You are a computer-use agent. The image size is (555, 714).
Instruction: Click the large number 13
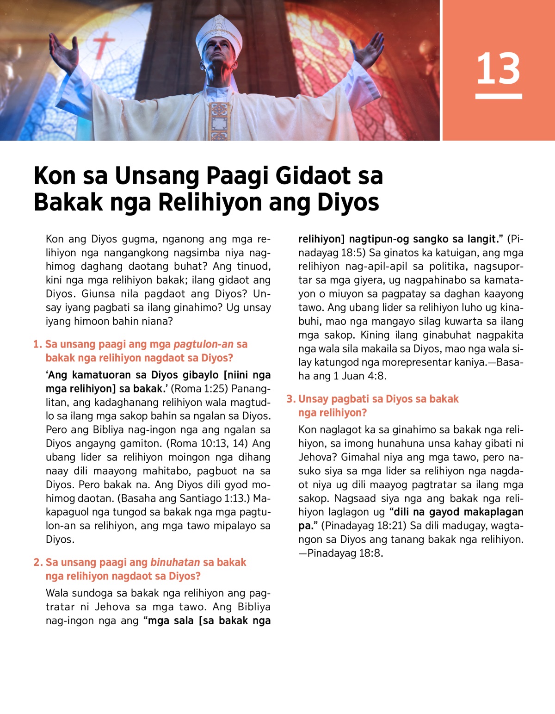(498, 68)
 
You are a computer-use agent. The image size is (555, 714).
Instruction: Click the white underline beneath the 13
(498, 96)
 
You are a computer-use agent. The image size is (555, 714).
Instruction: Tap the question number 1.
(37, 344)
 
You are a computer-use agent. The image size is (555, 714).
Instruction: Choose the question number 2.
(37, 562)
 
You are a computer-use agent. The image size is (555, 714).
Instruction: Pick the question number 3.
(290, 399)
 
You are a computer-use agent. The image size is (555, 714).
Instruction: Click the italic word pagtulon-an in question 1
(203, 344)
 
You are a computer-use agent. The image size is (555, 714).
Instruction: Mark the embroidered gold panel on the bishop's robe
(219, 120)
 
